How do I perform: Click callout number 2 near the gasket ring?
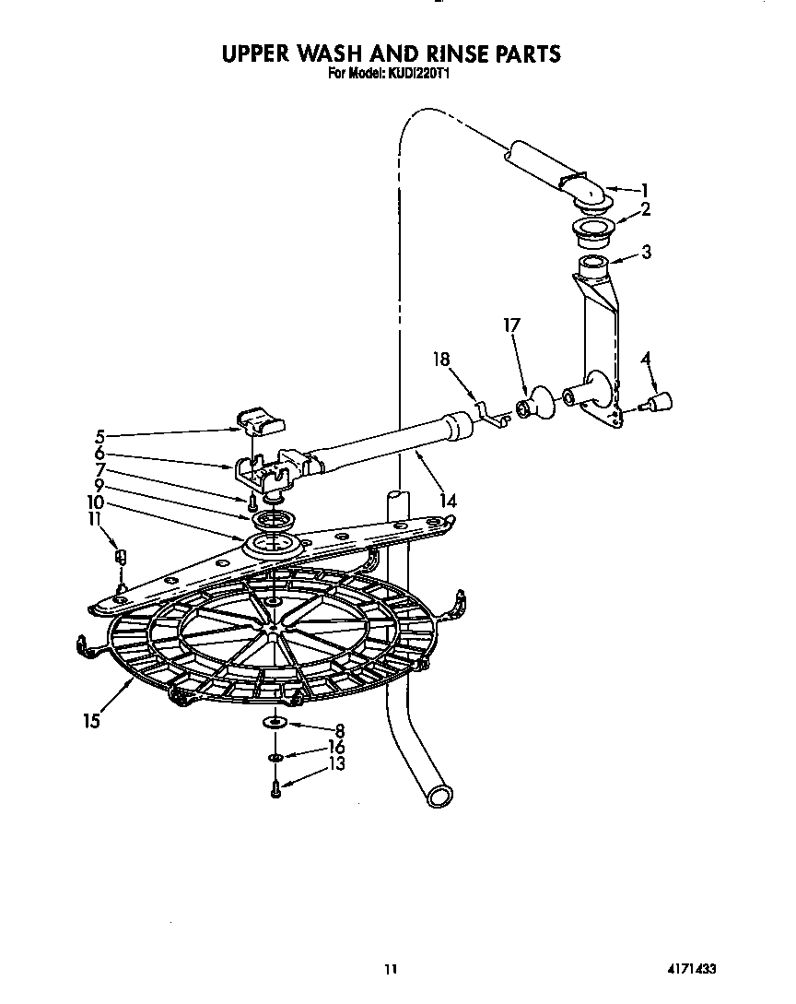645,209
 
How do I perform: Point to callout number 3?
647,252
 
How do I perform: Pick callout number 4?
646,357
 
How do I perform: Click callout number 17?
511,325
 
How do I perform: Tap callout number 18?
443,360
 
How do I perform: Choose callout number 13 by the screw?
336,764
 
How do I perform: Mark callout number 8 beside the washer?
339,729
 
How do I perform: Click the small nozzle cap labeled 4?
661,401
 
